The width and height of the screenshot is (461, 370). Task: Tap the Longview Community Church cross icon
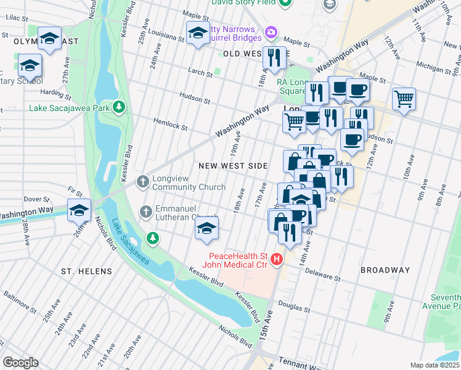pos(143,181)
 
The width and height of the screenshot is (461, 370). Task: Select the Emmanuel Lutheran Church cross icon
pos(146,212)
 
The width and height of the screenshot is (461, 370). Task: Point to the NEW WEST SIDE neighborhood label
pos(233,166)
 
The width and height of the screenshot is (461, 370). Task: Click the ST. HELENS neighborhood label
pos(86,271)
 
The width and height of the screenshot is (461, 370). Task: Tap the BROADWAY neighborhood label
pos(385,270)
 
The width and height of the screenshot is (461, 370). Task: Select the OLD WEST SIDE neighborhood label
pos(248,54)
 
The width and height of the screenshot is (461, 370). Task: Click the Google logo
pos(20,363)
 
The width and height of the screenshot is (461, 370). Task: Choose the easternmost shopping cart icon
pos(404,98)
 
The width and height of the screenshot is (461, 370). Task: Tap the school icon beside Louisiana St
pos(197,33)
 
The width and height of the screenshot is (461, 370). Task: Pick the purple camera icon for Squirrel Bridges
pos(270,31)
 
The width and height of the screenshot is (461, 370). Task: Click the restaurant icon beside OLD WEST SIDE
pos(274,57)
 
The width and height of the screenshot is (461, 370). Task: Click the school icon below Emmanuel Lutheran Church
pos(206,229)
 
